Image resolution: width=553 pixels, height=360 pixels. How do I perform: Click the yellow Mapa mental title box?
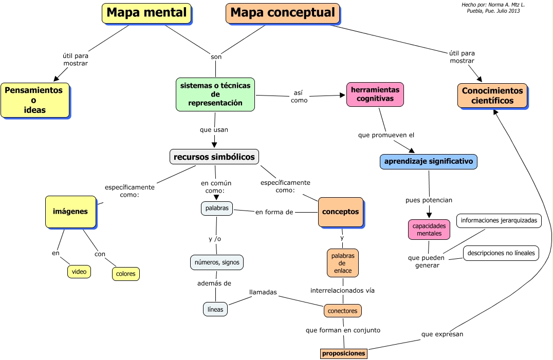pyautogui.click(x=146, y=13)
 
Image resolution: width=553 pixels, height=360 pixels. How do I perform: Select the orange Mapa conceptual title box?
pyautogui.click(x=283, y=13)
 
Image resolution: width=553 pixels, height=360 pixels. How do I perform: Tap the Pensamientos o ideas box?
pyautogui.click(x=34, y=100)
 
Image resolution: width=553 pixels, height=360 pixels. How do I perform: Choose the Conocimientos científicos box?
pyautogui.click(x=492, y=96)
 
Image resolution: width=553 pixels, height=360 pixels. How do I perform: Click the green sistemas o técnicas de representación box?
pyautogui.click(x=215, y=94)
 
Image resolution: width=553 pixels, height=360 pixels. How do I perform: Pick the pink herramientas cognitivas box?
pyautogui.click(x=375, y=94)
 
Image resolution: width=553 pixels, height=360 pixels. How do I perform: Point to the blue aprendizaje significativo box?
pyautogui.click(x=429, y=161)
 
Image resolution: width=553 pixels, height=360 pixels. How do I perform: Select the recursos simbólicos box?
pyautogui.click(x=214, y=156)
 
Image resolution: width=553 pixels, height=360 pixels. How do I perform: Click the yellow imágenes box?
pyautogui.click(x=70, y=211)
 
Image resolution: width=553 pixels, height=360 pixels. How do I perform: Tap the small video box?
pyautogui.click(x=79, y=271)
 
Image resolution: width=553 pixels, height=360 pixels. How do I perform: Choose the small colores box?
pyautogui.click(x=126, y=274)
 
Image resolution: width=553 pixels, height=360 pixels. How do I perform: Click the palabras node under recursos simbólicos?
pyautogui.click(x=217, y=209)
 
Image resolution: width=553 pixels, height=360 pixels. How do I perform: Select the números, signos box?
pyautogui.click(x=216, y=262)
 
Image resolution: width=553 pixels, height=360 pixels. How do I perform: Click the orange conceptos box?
pyautogui.click(x=341, y=212)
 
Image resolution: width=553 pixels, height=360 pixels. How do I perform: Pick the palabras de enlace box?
pyautogui.click(x=342, y=262)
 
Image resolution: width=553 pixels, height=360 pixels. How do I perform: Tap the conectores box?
pyautogui.click(x=343, y=310)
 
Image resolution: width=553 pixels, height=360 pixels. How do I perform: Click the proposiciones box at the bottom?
pyautogui.click(x=343, y=353)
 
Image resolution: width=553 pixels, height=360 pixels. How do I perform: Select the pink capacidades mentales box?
pyautogui.click(x=429, y=230)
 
